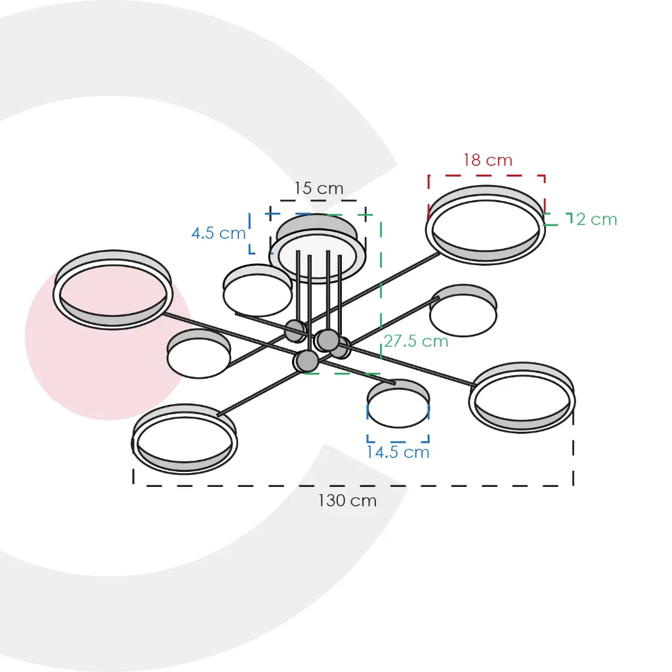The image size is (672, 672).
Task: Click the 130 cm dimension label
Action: pyautogui.click(x=347, y=501)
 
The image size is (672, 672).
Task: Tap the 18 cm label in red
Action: pyautogui.click(x=488, y=160)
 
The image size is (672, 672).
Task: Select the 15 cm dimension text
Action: pyautogui.click(x=318, y=188)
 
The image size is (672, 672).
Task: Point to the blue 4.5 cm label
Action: pyautogui.click(x=218, y=233)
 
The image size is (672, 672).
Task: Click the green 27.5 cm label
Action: pyautogui.click(x=415, y=341)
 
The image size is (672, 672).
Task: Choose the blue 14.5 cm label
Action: pyautogui.click(x=398, y=452)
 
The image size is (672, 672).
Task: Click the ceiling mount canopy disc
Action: pyautogui.click(x=318, y=249)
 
